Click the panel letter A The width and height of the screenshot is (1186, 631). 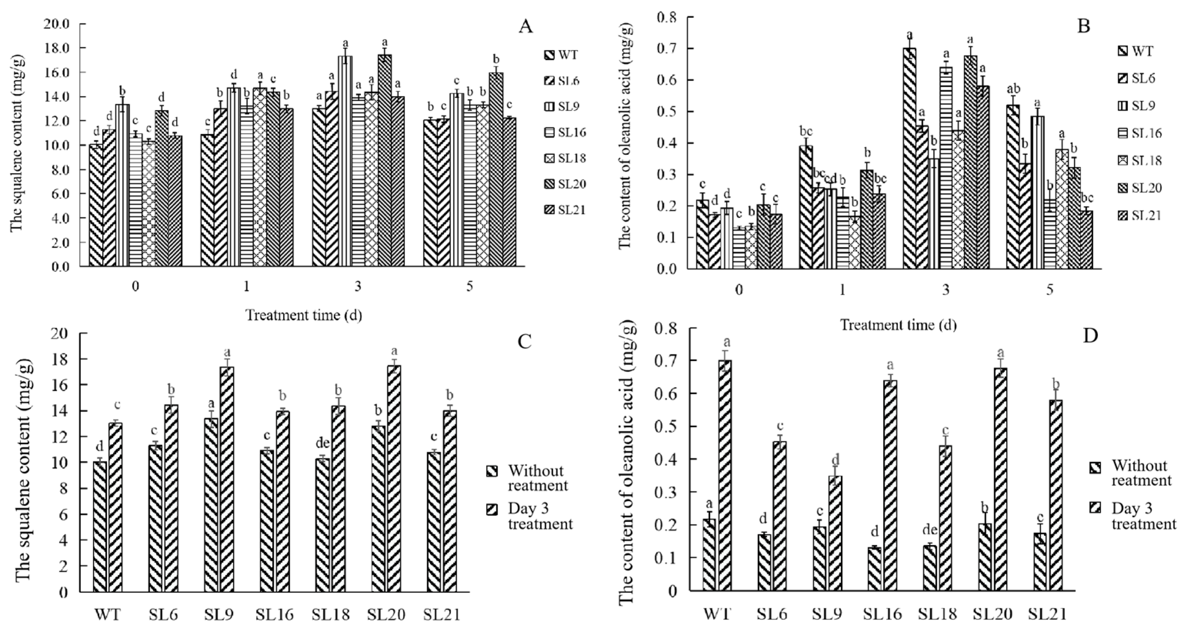[x=525, y=28]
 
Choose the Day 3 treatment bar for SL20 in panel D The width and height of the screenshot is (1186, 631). [x=1000, y=479]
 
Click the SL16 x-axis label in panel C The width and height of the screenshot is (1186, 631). [x=275, y=615]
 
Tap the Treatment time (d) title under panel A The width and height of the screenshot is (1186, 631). [x=303, y=315]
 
